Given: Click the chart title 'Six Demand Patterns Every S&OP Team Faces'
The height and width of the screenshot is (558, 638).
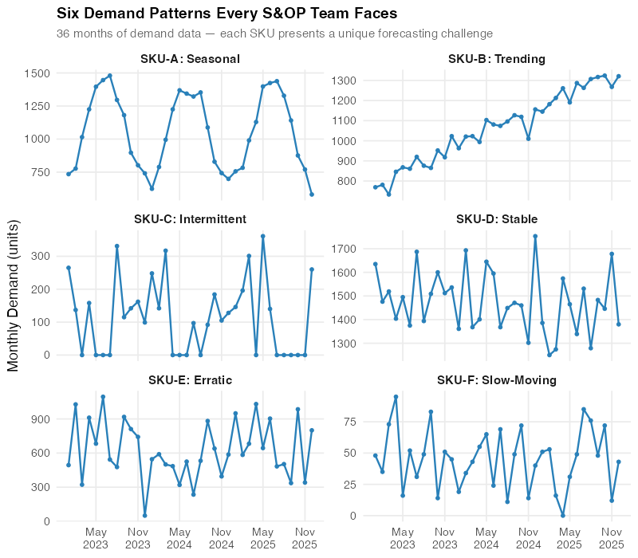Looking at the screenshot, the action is tap(226, 14).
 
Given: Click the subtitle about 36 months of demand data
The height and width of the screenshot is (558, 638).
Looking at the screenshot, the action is tap(274, 33).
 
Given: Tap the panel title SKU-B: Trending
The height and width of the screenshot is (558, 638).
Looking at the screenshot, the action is tap(497, 59).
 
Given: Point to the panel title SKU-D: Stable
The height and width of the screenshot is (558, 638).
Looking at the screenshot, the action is tap(497, 218).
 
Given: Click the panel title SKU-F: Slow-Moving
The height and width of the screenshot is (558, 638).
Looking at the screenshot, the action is tap(497, 380).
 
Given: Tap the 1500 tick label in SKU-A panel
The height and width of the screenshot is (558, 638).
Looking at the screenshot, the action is tap(38, 73).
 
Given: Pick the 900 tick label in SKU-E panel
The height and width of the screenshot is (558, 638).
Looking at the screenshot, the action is tap(41, 419).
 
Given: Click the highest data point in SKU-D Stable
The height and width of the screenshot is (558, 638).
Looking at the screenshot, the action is tap(535, 236).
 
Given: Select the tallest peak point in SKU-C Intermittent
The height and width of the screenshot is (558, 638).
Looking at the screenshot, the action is tap(262, 236).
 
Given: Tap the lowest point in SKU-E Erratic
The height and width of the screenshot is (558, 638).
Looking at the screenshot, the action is tap(144, 515).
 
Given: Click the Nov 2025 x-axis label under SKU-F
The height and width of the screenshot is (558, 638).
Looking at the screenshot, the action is tap(612, 537).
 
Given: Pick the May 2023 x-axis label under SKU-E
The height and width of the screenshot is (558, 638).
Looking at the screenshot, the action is tap(96, 537).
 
